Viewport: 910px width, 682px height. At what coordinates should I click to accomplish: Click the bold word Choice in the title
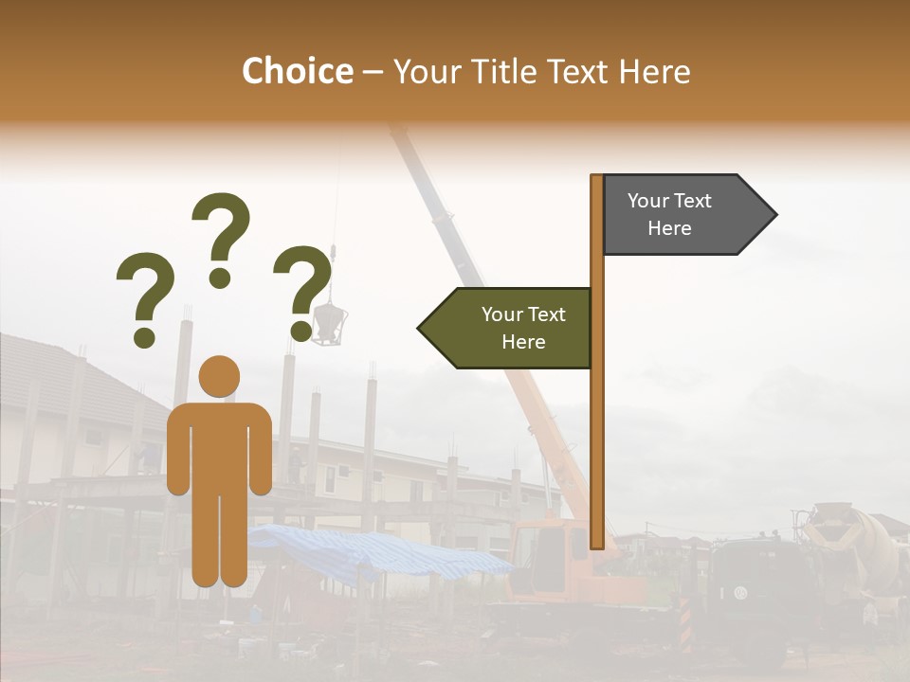(x=297, y=72)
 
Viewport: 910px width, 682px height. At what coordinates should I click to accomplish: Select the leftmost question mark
(x=144, y=296)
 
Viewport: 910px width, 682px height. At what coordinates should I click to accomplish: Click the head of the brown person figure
(x=219, y=376)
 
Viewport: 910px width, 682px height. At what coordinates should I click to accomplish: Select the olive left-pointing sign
(x=512, y=328)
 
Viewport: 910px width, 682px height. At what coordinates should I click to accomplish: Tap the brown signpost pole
(x=596, y=426)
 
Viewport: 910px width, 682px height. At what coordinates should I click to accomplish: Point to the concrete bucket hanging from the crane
(x=330, y=322)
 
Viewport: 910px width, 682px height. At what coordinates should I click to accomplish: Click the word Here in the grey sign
(x=669, y=228)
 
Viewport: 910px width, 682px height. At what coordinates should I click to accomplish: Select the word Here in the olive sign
(x=523, y=342)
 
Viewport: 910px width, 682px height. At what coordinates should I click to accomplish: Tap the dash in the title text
(x=373, y=73)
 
